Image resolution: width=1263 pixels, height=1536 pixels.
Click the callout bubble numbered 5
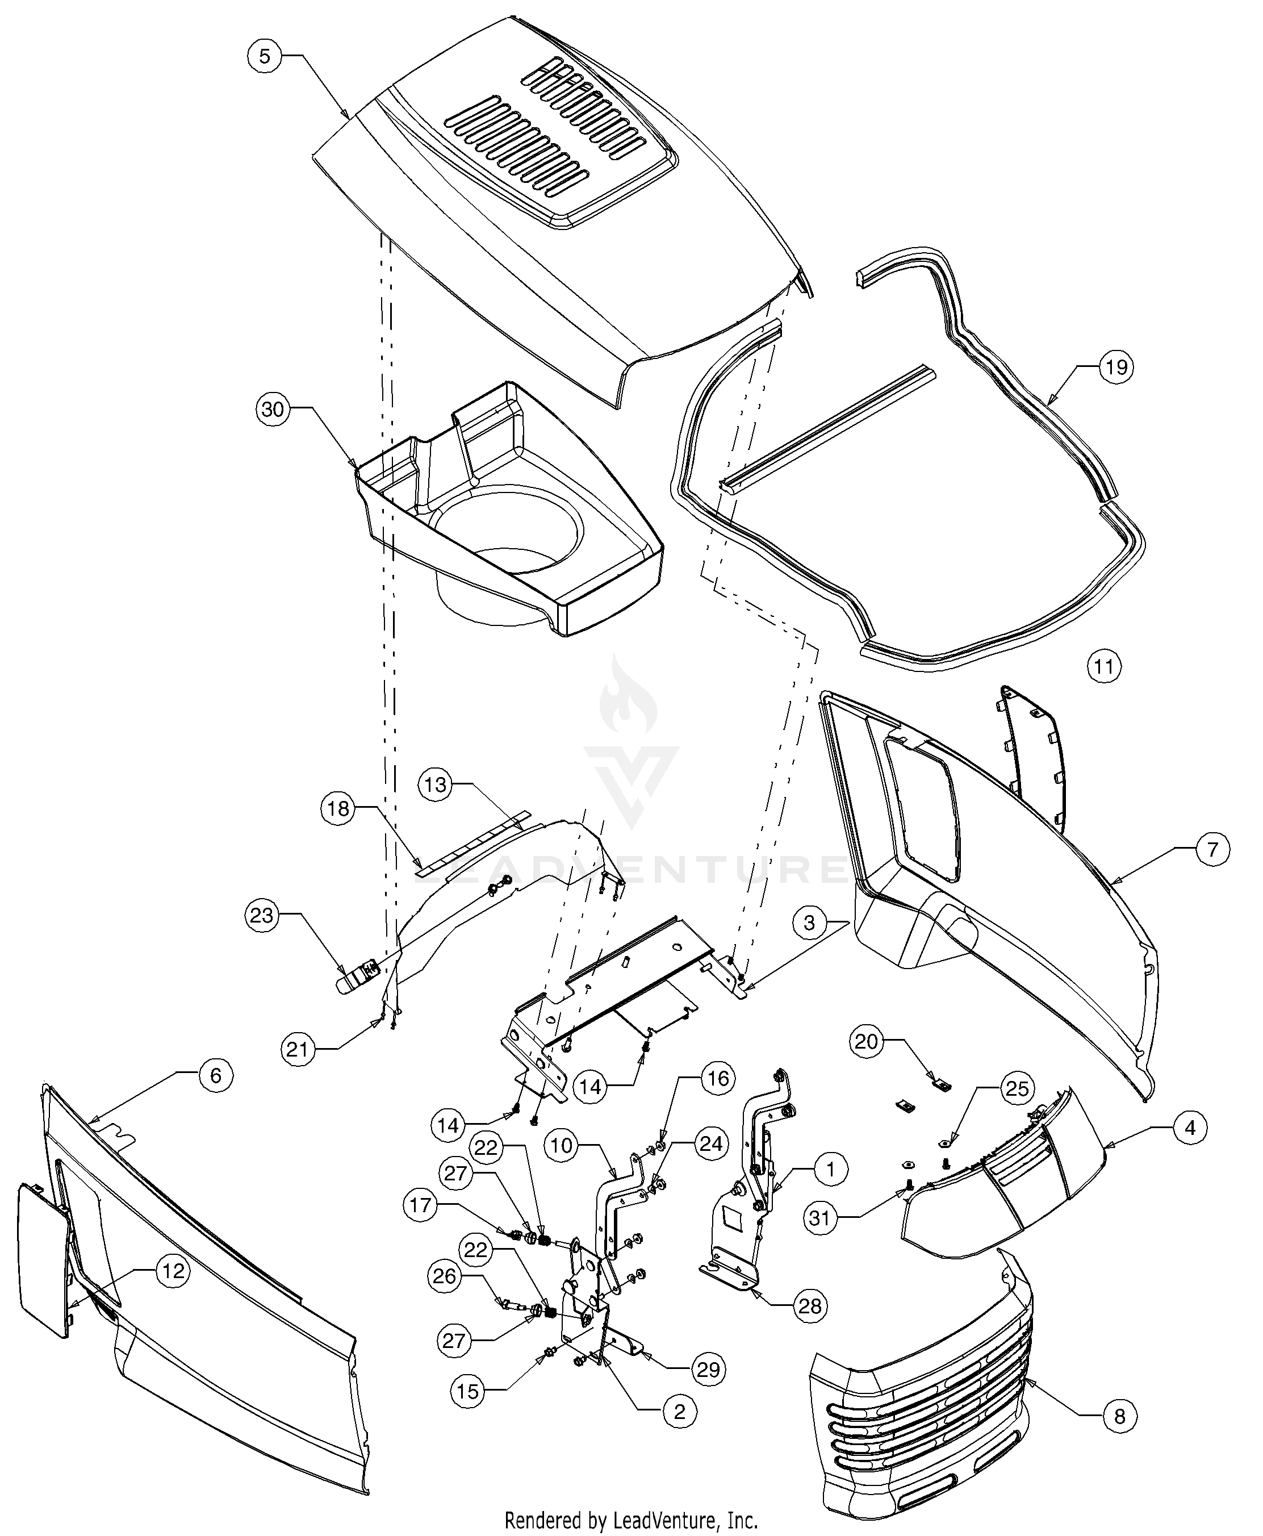coord(265,57)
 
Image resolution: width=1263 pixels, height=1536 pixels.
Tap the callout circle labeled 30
coord(273,410)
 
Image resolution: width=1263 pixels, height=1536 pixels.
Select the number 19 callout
coord(1116,367)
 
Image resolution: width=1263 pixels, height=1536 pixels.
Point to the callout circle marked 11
coord(1105,666)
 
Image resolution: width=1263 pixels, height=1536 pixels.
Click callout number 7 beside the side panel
coord(1212,850)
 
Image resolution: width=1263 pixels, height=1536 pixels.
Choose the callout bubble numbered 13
coord(435,785)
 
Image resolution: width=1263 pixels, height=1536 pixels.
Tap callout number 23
coord(262,915)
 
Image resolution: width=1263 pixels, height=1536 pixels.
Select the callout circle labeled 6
coord(215,1075)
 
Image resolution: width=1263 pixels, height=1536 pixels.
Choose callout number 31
coord(821,1217)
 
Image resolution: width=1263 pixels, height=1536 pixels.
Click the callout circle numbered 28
coord(810,1306)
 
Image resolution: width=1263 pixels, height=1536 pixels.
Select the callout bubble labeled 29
coord(707,1370)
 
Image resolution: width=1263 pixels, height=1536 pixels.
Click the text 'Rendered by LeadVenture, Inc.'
coord(631,1521)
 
